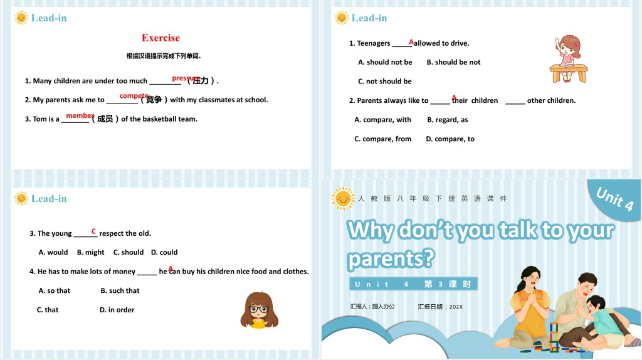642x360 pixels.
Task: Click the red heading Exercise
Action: click(160, 38)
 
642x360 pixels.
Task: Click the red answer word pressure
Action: click(186, 78)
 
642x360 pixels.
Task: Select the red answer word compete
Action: click(134, 96)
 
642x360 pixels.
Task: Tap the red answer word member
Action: click(80, 115)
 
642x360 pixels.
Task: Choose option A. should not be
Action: click(385, 62)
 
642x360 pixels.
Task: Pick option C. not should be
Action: click(385, 82)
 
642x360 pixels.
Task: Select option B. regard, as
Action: click(448, 120)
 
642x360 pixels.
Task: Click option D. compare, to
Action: click(450, 139)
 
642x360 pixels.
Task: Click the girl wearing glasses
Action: click(258, 310)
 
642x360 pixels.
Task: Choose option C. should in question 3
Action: click(129, 253)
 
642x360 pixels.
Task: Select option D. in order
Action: click(117, 310)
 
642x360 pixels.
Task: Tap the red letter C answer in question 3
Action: click(93, 231)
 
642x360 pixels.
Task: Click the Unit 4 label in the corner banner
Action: click(614, 199)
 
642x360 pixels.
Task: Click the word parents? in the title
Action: click(390, 258)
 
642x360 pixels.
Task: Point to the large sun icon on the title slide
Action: click(343, 198)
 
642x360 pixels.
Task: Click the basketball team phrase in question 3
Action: click(163, 119)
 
